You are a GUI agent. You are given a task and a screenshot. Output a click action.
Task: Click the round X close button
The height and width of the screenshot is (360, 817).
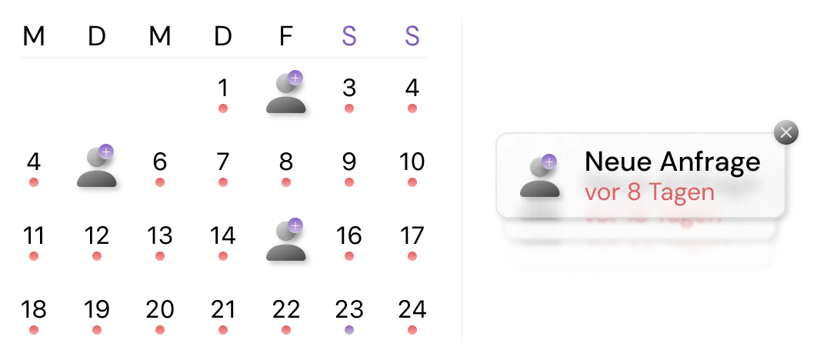pos(785,132)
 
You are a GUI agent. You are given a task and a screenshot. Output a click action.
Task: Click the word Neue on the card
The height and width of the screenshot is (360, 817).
pos(612,162)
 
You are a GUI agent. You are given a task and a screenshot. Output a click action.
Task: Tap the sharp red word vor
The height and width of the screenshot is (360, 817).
pos(602,192)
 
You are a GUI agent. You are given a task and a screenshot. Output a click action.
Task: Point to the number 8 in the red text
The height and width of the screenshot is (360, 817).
pos(634,192)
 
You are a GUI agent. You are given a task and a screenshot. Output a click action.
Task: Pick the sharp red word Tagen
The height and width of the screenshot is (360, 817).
pos(682,193)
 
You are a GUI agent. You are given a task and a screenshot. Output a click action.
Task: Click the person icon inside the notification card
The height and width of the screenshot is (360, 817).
pos(539,177)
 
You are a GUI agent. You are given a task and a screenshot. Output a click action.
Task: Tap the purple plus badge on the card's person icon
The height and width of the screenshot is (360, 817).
pos(549,161)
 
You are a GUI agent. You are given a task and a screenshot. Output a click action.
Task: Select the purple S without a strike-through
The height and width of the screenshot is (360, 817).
pos(349,37)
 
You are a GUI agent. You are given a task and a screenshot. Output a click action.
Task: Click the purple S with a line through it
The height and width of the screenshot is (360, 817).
pos(412,37)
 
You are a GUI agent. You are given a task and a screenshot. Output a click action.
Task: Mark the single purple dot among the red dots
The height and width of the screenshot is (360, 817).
pos(350,329)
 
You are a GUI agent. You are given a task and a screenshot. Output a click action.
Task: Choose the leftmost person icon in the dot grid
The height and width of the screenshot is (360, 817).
pos(98,168)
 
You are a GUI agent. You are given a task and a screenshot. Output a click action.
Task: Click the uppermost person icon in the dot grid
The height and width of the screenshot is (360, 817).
pos(288,95)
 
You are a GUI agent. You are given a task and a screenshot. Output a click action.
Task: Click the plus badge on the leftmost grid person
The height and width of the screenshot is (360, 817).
pos(106,152)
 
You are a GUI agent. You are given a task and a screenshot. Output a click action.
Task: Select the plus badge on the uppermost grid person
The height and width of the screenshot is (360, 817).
pos(295,78)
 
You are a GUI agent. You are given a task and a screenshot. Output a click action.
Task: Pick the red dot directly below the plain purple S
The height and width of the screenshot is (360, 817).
pos(350,108)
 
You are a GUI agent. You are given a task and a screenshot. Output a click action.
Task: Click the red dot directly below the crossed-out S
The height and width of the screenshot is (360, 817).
pos(412,108)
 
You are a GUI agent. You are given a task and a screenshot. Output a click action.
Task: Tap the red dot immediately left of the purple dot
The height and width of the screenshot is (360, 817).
pos(286,330)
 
